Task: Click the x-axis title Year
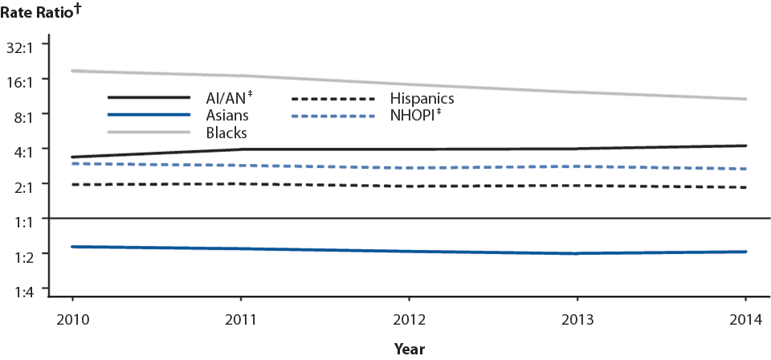click(x=409, y=349)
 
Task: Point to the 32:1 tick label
click(x=29, y=47)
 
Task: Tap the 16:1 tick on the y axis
click(x=29, y=81)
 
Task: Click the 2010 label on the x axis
click(x=73, y=317)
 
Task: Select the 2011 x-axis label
click(x=241, y=317)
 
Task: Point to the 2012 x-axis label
click(x=409, y=317)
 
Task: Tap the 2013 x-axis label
click(x=577, y=317)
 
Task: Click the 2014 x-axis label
click(x=745, y=317)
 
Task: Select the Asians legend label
click(x=227, y=116)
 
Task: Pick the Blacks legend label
click(x=226, y=133)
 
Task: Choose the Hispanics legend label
click(x=423, y=99)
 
